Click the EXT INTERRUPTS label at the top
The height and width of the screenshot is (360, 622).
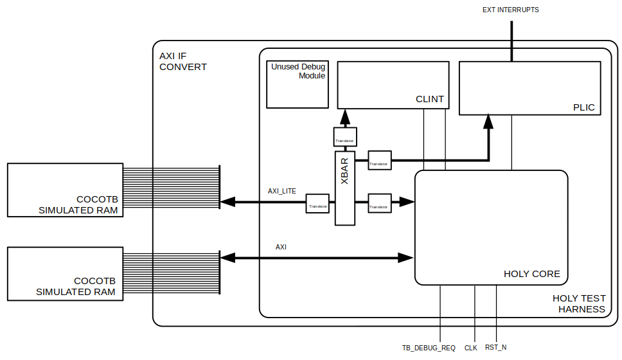coord(510,10)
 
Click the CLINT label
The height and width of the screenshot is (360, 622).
coord(429,99)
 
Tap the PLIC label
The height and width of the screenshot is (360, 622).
coord(583,107)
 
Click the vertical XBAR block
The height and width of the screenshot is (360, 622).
coord(344,188)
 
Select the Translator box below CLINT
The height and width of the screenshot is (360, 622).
coord(344,137)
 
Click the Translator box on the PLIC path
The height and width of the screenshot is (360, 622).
coord(378,161)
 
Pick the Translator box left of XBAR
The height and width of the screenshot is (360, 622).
coord(317,203)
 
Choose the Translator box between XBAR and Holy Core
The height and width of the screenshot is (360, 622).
coord(378,203)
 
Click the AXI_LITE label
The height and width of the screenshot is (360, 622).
coord(281,191)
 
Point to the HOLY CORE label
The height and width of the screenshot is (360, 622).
coord(531,274)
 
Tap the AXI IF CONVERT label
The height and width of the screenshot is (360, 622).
coord(183,61)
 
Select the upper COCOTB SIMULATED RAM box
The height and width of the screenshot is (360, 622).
coord(65,190)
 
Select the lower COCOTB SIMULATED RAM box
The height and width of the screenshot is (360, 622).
coord(65,273)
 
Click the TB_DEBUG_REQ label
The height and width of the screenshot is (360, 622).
coord(429,348)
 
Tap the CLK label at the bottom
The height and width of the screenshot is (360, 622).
coord(470,348)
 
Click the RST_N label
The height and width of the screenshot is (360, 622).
coord(495,348)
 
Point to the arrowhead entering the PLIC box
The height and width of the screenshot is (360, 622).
coord(488,122)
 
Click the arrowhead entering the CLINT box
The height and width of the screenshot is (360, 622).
coord(344,116)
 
